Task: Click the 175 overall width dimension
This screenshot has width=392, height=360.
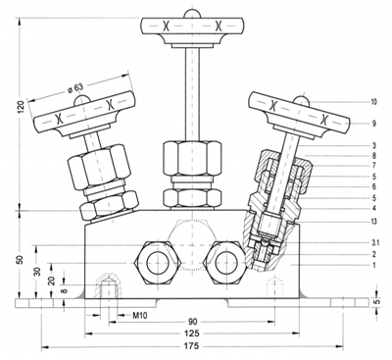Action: pyautogui.click(x=193, y=345)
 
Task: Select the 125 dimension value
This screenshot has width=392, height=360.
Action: pyautogui.click(x=192, y=334)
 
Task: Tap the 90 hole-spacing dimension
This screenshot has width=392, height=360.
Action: pyautogui.click(x=193, y=322)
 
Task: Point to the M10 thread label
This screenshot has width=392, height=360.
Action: pyautogui.click(x=140, y=316)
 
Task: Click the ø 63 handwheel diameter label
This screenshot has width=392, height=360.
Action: pyautogui.click(x=76, y=88)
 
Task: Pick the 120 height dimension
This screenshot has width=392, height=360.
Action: pyautogui.click(x=22, y=106)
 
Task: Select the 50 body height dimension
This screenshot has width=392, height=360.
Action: pyautogui.click(x=21, y=260)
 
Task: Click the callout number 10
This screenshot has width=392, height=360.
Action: pyautogui.click(x=373, y=102)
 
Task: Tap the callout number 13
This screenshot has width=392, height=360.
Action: pyautogui.click(x=373, y=222)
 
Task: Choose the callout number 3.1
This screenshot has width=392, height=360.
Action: pyautogui.click(x=373, y=243)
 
